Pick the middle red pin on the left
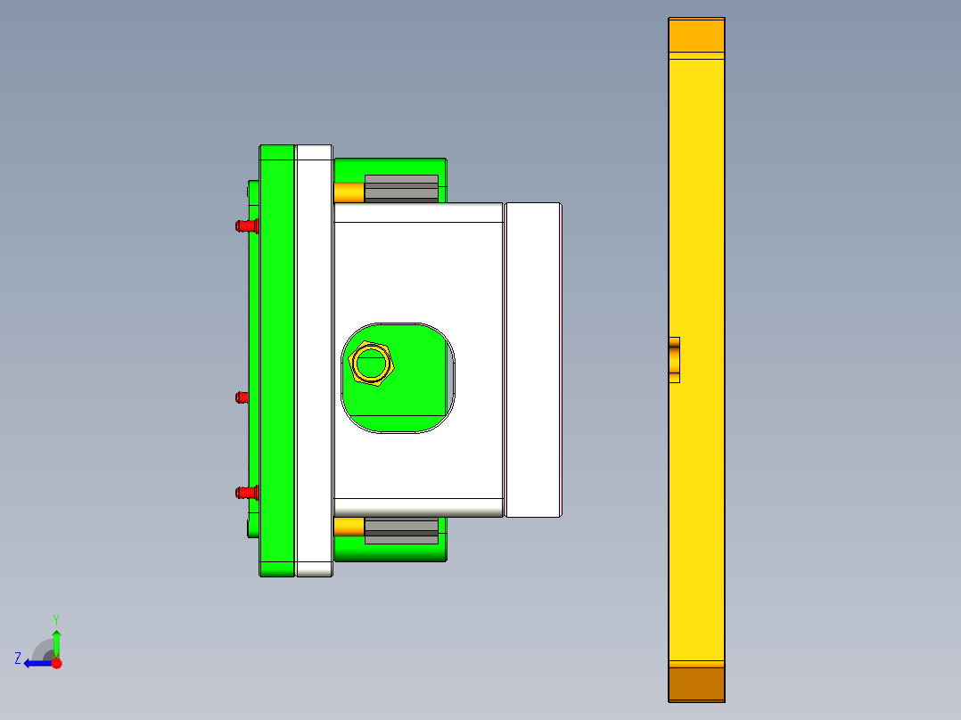[242, 397]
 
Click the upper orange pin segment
[349, 192]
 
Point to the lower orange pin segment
[349, 528]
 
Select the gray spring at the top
[401, 188]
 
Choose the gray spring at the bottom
[401, 530]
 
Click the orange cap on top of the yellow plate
[696, 35]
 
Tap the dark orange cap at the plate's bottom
[696, 683]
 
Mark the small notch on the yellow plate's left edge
[674, 359]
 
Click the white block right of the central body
[533, 359]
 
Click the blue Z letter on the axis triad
[18, 659]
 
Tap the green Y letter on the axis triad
[55, 618]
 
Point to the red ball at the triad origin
[56, 663]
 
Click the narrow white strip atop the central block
[417, 213]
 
